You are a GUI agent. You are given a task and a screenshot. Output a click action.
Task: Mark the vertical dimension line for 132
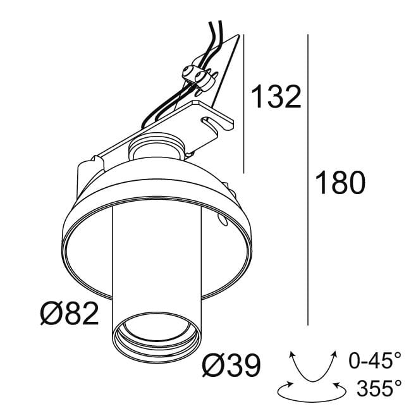click(244, 101)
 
